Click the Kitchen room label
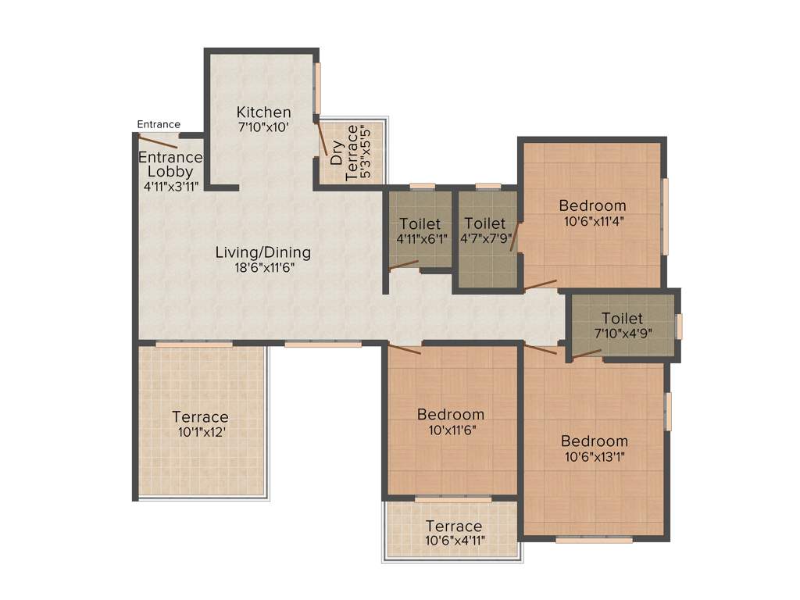(x=264, y=112)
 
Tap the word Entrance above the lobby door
(x=159, y=124)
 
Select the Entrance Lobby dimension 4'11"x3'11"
(x=170, y=186)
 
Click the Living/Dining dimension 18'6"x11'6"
(x=263, y=266)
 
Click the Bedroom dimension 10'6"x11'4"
(x=592, y=220)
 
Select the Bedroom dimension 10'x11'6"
(x=450, y=429)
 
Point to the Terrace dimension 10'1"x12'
(x=201, y=431)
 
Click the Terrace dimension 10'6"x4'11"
(x=453, y=540)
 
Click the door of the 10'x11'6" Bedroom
(x=405, y=349)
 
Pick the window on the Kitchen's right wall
(x=318, y=87)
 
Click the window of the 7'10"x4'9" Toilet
(x=679, y=326)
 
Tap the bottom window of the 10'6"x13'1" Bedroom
(x=594, y=539)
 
